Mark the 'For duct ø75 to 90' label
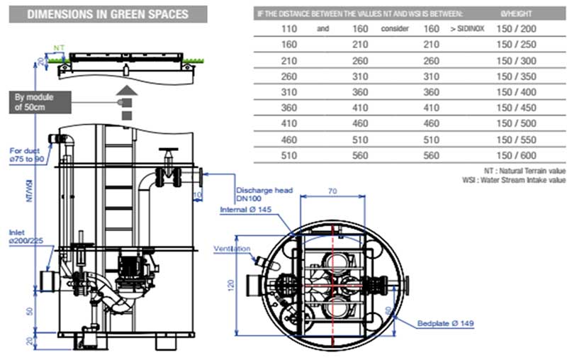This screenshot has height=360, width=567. tap(28, 155)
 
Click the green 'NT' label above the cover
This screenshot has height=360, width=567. tap(59, 52)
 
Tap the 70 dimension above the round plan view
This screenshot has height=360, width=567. tap(332, 191)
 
